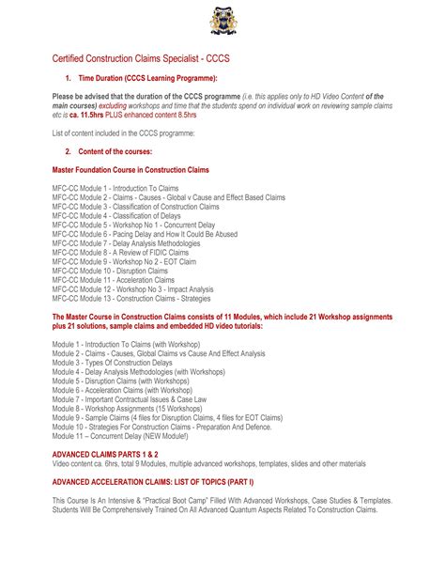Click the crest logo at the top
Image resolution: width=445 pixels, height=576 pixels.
223,20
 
